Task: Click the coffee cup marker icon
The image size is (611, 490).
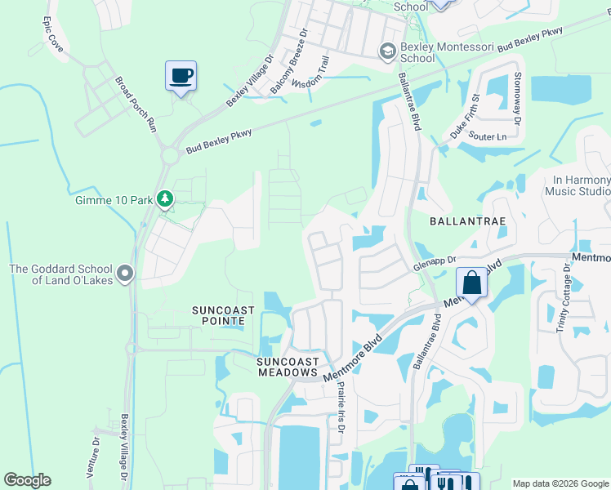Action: point(181,76)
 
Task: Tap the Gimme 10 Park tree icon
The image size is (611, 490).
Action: point(165,198)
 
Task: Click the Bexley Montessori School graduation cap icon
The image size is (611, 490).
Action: point(387,51)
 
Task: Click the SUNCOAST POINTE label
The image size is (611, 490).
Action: point(223,315)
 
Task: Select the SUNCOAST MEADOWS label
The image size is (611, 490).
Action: point(286,366)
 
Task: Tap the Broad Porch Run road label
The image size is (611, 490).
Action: point(136,105)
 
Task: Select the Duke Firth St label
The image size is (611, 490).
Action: point(467,118)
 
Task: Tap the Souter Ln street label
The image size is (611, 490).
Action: point(489,137)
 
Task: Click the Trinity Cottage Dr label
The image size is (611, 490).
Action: point(563,298)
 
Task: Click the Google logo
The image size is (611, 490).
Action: point(27,481)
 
